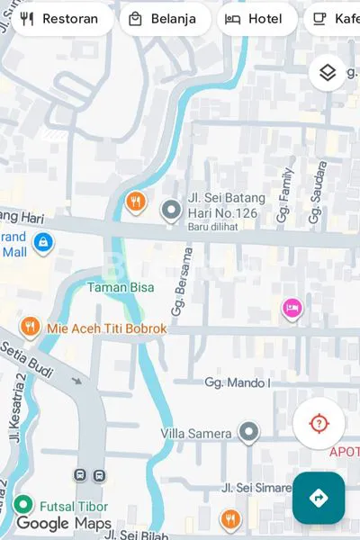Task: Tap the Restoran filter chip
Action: pos(59,19)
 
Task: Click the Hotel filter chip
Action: pos(256,19)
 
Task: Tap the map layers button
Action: pos(328,73)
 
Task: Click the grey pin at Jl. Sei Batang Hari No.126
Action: pos(171,211)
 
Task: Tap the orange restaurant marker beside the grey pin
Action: pos(136,201)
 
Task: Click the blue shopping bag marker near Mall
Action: pos(42,241)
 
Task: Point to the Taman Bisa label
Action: pos(120,288)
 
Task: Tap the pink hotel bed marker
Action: pos(292,309)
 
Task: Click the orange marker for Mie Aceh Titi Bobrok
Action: pos(30,327)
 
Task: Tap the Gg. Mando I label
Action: pos(237,382)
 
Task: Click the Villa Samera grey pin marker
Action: pos(248,432)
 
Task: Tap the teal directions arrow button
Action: pos(318,498)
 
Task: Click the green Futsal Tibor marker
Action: pos(22,505)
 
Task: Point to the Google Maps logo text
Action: pos(63,524)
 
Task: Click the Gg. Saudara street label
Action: pos(317,193)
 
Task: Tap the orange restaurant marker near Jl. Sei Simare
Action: pos(230,519)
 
